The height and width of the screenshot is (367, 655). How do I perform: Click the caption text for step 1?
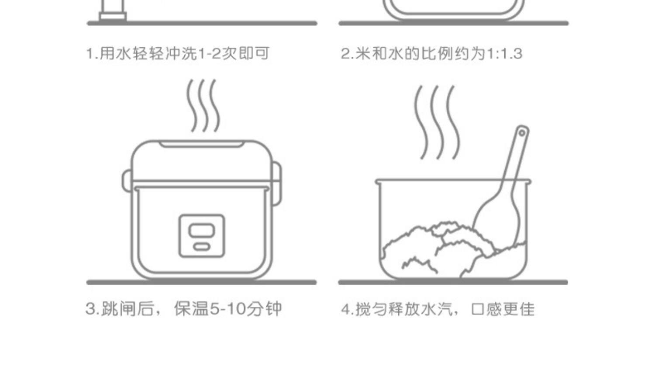[x=177, y=54]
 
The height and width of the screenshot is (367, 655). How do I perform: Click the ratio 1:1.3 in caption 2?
[x=504, y=54]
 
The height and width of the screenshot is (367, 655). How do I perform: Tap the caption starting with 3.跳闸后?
[x=183, y=309]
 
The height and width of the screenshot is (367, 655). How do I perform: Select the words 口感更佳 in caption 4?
[x=502, y=309]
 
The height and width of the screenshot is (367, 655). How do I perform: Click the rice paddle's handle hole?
[x=521, y=132]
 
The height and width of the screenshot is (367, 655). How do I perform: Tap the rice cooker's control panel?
[x=202, y=235]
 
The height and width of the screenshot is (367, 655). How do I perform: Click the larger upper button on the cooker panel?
[x=201, y=230]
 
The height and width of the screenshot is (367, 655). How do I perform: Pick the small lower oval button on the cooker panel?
[x=201, y=247]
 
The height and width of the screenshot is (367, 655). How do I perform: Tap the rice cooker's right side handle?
[x=276, y=181]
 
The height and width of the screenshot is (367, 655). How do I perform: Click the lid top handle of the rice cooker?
[x=202, y=144]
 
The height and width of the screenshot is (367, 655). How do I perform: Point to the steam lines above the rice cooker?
[x=203, y=106]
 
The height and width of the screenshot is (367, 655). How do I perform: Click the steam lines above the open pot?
[x=436, y=122]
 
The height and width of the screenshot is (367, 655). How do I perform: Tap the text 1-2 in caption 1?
[x=210, y=54]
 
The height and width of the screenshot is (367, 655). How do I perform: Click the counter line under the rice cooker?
[x=202, y=283]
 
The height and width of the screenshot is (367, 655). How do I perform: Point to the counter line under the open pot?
[x=453, y=283]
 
